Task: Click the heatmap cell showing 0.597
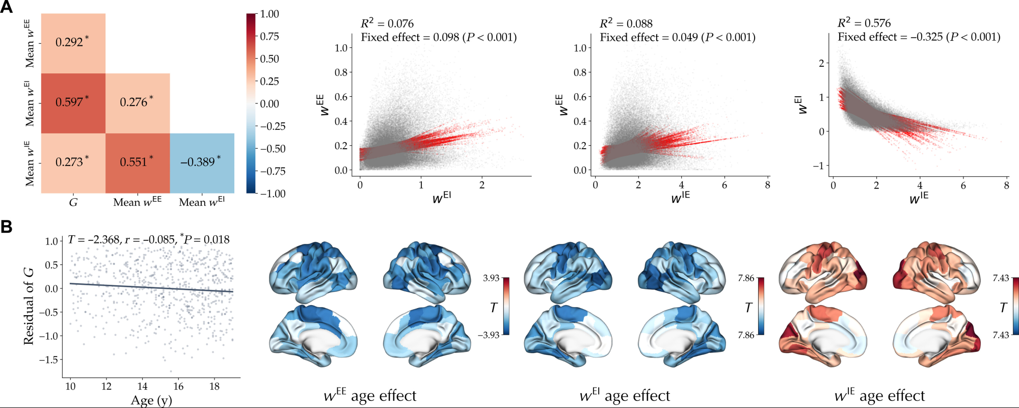click(73, 103)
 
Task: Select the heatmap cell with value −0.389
click(202, 163)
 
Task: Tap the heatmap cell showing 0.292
click(73, 43)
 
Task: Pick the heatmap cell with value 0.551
click(137, 163)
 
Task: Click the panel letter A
click(7, 7)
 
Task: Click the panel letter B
click(7, 227)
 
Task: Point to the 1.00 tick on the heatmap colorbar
click(269, 14)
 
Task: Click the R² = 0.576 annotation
click(864, 23)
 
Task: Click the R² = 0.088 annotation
click(626, 23)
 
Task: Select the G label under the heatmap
click(73, 203)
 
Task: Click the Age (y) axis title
click(151, 400)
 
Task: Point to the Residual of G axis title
click(29, 306)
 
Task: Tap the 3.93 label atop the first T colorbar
click(491, 278)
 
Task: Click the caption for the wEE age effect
click(370, 396)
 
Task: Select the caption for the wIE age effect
click(879, 396)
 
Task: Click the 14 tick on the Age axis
click(143, 386)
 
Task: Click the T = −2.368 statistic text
click(94, 239)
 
